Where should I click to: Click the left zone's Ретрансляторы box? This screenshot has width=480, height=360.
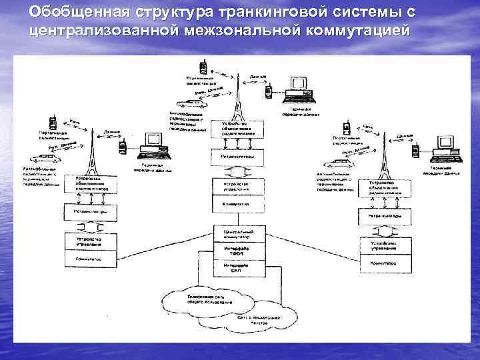[90, 213]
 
